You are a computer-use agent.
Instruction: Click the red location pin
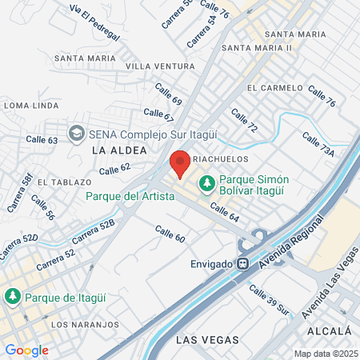point(180,162)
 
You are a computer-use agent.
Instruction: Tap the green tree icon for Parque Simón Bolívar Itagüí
point(207,183)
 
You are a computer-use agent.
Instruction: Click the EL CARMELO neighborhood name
point(273,88)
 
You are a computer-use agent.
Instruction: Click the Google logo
point(26,350)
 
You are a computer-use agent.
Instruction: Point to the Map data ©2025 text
point(325,354)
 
